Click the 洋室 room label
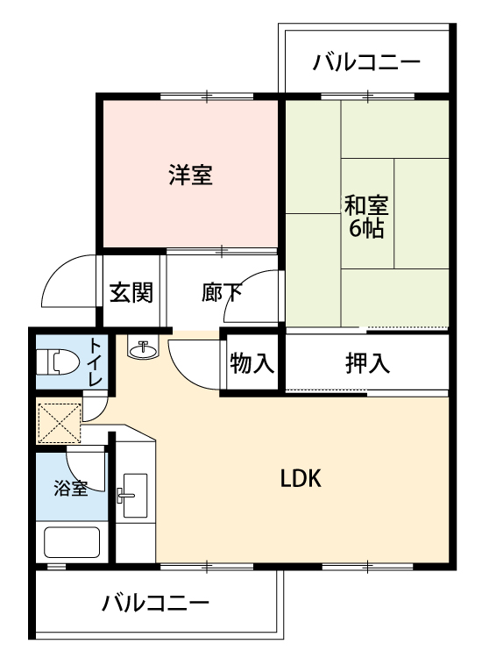(191, 175)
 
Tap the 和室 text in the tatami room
(366, 205)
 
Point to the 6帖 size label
(366, 228)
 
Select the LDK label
(301, 478)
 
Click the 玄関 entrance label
(131, 292)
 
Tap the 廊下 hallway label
(222, 292)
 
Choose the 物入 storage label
(252, 363)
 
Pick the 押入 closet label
(367, 363)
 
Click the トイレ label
(96, 362)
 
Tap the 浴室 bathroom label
(71, 488)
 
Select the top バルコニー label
(366, 62)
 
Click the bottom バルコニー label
(155, 604)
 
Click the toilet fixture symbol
(58, 362)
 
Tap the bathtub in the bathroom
(72, 542)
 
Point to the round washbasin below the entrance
(143, 348)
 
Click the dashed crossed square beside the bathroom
(59, 423)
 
